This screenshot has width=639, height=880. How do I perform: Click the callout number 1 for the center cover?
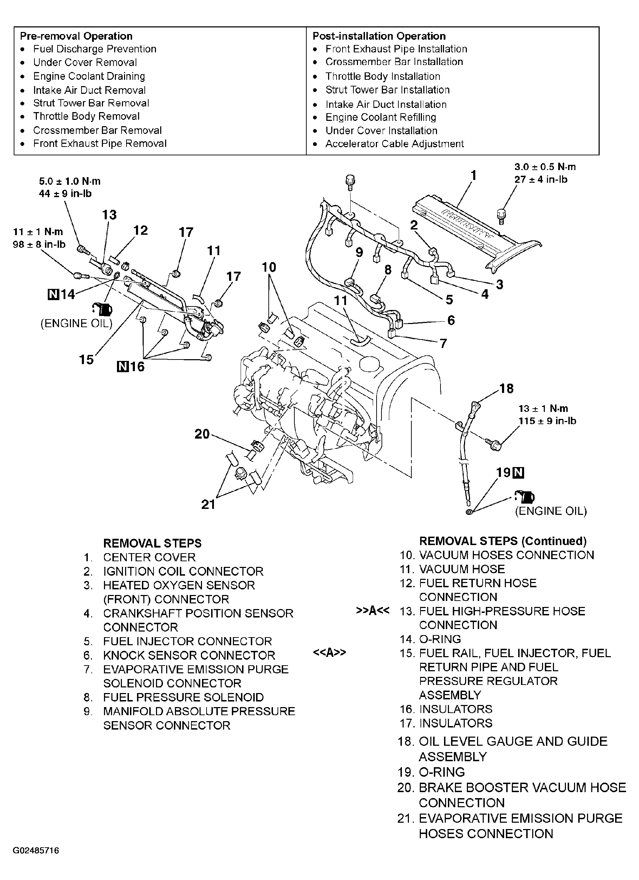click(x=473, y=176)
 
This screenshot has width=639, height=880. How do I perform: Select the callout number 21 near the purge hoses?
click(x=208, y=504)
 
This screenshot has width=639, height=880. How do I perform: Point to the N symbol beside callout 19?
click(x=519, y=473)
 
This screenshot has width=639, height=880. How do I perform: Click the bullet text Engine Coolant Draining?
click(x=89, y=76)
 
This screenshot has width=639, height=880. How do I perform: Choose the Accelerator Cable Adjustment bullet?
click(x=395, y=144)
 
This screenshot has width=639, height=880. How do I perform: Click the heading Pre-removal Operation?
click(x=76, y=36)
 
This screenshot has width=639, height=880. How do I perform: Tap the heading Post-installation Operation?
click(x=379, y=36)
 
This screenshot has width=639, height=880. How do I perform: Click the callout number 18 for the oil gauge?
click(x=507, y=388)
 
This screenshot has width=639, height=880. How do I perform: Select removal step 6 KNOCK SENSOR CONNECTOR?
click(x=189, y=655)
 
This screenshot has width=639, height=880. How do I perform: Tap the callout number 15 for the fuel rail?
click(x=86, y=360)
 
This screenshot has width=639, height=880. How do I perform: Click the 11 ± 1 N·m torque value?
click(x=38, y=232)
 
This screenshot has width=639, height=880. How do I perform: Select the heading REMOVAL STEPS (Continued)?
click(x=503, y=541)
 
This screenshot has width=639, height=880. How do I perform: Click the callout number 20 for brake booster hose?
click(x=202, y=434)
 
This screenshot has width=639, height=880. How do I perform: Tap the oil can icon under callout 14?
click(x=102, y=309)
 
